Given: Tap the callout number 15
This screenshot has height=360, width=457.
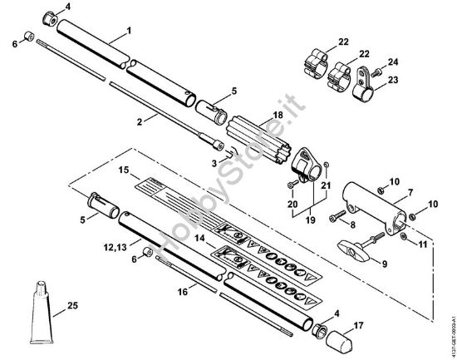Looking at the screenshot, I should [x=124, y=170].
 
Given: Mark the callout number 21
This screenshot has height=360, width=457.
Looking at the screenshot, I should [x=325, y=184].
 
